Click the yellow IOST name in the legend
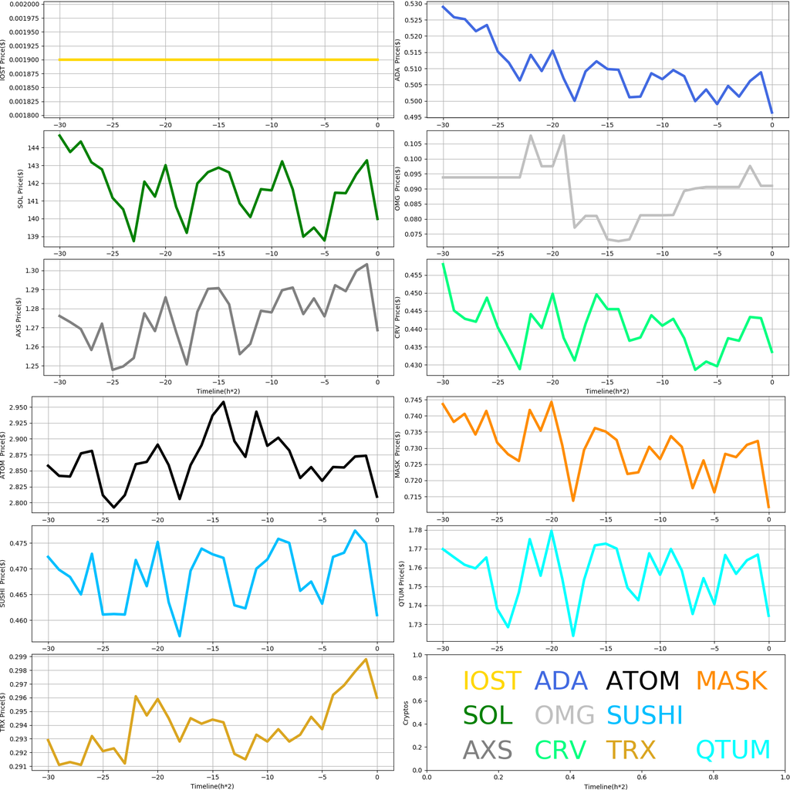[x=492, y=680]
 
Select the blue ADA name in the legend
[x=561, y=680]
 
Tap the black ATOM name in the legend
[x=643, y=680]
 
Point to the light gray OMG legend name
[x=565, y=714]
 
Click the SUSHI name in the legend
[x=644, y=714]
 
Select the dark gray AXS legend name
[x=488, y=749]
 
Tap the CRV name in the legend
[x=560, y=749]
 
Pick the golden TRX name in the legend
[x=630, y=749]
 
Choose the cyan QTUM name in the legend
[x=732, y=749]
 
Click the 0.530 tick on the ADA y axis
[x=413, y=4]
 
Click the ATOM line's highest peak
[x=224, y=401]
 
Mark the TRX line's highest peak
[x=366, y=660]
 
